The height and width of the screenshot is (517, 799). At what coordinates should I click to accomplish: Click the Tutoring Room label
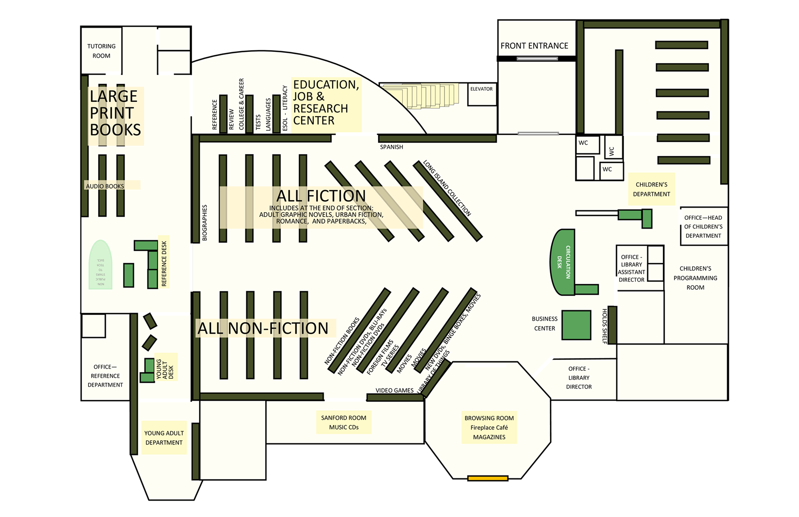click(x=101, y=51)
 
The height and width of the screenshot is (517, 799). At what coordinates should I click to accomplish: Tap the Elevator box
click(x=482, y=94)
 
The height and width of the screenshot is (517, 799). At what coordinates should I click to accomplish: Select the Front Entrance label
click(x=534, y=46)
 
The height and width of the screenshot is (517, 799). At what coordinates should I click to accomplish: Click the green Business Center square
click(x=576, y=325)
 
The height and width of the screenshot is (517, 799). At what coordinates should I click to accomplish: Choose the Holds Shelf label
click(x=604, y=326)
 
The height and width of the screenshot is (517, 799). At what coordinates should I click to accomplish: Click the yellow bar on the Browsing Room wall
click(x=487, y=478)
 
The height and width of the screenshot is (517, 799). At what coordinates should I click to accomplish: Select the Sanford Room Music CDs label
click(x=344, y=422)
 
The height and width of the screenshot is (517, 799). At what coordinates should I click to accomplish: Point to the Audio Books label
click(x=105, y=186)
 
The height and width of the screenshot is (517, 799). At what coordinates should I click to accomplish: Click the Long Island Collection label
click(x=447, y=188)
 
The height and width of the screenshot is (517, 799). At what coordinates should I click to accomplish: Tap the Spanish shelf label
click(x=392, y=147)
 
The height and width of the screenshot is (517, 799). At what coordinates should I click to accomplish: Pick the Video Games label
click(x=394, y=390)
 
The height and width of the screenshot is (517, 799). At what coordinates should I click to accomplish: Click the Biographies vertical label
click(x=205, y=223)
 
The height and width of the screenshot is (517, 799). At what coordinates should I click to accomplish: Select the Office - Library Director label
click(x=579, y=378)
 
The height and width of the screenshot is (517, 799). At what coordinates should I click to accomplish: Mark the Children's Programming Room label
click(x=695, y=278)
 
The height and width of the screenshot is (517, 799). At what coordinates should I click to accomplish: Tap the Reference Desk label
click(x=164, y=263)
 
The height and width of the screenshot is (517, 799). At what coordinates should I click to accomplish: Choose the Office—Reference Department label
click(x=105, y=376)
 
